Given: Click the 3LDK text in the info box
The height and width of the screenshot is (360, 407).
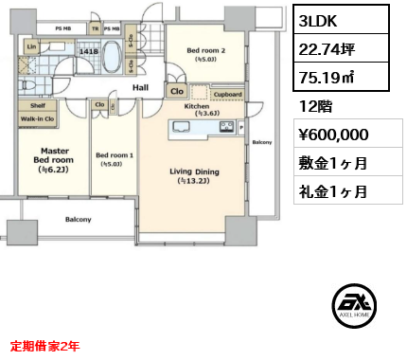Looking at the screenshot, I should pyautogui.click(x=313, y=19).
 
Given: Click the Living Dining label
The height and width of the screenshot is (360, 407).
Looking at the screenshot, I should pyautogui.click(x=194, y=171).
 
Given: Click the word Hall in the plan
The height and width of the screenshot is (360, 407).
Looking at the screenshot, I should pyautogui.click(x=140, y=87).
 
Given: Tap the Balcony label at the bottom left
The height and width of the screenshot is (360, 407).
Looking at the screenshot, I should pyautogui.click(x=79, y=219).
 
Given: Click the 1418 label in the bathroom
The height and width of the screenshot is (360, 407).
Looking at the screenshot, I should pyautogui.click(x=89, y=52).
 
